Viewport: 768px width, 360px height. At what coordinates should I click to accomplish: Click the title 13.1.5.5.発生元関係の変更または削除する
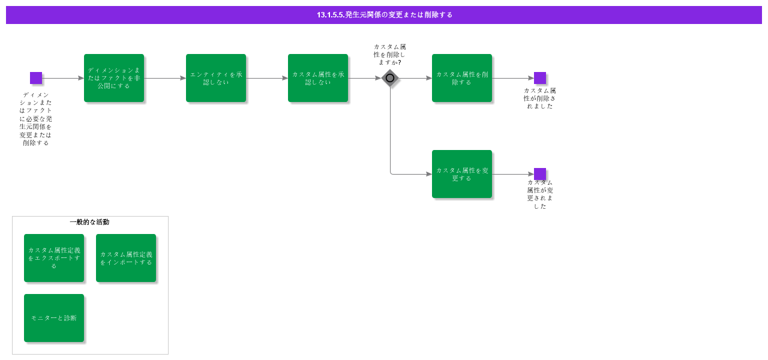pyautogui.click(x=384, y=15)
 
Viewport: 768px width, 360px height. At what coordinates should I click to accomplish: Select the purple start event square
pyautogui.click(x=36, y=78)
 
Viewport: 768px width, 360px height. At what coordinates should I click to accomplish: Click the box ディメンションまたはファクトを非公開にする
pyautogui.click(x=114, y=78)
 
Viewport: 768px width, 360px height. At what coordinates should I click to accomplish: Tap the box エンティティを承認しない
pyautogui.click(x=216, y=78)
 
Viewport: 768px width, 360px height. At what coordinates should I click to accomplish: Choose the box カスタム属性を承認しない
pyautogui.click(x=318, y=78)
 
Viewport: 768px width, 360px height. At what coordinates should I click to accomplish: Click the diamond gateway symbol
pyautogui.click(x=390, y=78)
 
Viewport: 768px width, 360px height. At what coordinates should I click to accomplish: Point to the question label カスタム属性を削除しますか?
pyautogui.click(x=389, y=55)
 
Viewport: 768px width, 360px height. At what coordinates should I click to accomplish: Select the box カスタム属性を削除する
pyautogui.click(x=462, y=78)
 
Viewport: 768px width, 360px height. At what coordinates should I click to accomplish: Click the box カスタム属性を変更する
pyautogui.click(x=462, y=174)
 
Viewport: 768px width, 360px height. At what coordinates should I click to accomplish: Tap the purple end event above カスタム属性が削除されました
pyautogui.click(x=540, y=78)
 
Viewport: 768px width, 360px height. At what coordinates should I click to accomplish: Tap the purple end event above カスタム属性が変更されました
pyautogui.click(x=540, y=174)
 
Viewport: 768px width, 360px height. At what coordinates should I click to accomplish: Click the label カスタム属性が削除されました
pyautogui.click(x=540, y=98)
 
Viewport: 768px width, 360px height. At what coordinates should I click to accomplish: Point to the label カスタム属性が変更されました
pyautogui.click(x=540, y=194)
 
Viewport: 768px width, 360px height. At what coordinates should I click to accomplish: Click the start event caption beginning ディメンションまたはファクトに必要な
pyautogui.click(x=36, y=119)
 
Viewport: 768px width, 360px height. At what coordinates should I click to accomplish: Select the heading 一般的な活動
pyautogui.click(x=89, y=222)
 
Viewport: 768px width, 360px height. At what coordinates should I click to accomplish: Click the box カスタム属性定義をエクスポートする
pyautogui.click(x=54, y=258)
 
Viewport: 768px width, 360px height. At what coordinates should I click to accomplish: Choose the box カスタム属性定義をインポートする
pyautogui.click(x=126, y=258)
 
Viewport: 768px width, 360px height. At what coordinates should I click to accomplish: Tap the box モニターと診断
pyautogui.click(x=54, y=318)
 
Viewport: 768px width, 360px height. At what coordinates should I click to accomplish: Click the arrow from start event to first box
pyautogui.click(x=63, y=78)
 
